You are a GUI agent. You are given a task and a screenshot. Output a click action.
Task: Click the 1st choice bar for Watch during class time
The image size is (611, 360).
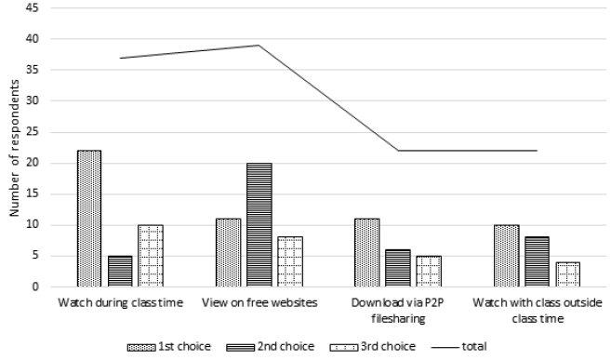click(88, 219)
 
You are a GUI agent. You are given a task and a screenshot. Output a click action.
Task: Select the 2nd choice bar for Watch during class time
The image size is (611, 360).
click(119, 271)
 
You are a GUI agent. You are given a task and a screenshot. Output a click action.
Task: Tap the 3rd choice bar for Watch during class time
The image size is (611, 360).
click(150, 256)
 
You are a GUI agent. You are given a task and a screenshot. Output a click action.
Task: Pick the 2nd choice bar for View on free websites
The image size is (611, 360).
click(259, 224)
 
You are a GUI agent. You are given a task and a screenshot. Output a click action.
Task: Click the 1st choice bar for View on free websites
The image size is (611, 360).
click(228, 252)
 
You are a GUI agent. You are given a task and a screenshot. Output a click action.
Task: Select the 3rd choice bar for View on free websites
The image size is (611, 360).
click(289, 261)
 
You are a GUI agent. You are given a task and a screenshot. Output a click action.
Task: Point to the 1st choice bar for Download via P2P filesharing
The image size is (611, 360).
click(367, 252)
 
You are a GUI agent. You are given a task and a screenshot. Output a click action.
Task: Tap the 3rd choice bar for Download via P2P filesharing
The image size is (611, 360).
click(429, 271)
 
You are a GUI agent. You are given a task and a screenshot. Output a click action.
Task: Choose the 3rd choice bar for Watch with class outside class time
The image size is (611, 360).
click(568, 274)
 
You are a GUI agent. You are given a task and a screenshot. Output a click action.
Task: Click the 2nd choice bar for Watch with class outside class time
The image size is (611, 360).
click(538, 261)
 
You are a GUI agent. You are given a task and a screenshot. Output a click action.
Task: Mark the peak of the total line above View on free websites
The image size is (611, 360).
click(259, 45)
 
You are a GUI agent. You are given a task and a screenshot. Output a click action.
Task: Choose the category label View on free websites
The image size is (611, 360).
click(259, 303)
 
